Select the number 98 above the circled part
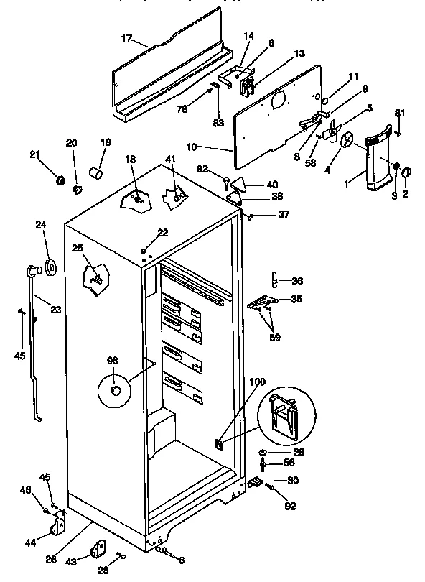tap(113, 360)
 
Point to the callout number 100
tap(258, 383)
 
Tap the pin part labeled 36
tap(275, 279)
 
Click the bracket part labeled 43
tap(96, 550)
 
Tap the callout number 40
tap(271, 184)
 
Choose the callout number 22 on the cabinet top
tap(163, 232)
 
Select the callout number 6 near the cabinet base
tap(181, 560)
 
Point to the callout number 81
tap(400, 112)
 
